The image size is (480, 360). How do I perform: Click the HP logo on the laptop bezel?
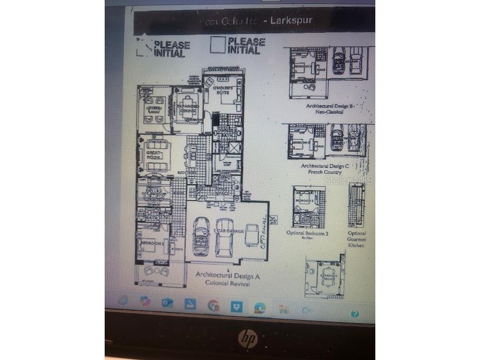pos(247,338)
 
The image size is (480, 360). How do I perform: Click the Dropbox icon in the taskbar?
pos(236,305)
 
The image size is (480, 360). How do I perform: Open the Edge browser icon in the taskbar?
pos(259,307)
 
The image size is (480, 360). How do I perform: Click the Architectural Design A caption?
pos(227,274)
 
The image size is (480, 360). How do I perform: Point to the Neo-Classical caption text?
pos(330,112)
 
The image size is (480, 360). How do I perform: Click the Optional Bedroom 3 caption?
pos(307,233)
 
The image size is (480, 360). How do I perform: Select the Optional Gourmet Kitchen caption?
pos(357,239)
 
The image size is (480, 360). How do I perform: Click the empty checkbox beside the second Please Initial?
pos(218,45)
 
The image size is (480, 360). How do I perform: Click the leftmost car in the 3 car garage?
pos(201,235)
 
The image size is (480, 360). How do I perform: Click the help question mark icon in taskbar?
pos(355,313)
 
